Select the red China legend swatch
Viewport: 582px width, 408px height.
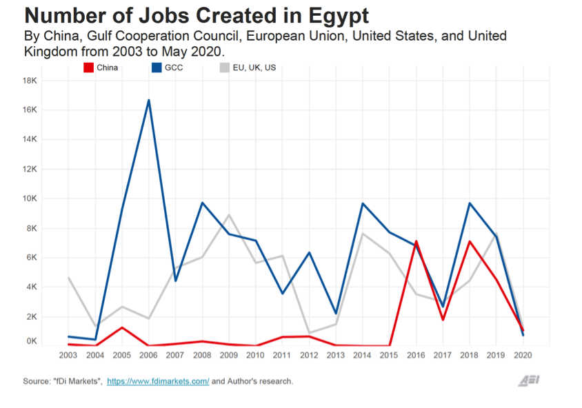click(x=88, y=68)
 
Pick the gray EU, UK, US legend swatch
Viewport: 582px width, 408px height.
click(x=225, y=68)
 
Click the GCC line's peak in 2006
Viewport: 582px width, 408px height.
click(x=148, y=101)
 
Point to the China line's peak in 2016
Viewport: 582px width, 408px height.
click(x=416, y=241)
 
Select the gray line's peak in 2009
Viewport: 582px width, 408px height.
click(x=229, y=215)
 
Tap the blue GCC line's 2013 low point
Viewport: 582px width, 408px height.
click(x=336, y=314)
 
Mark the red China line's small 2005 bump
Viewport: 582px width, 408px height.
click(x=122, y=327)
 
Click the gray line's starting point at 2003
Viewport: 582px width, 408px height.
click(x=68, y=278)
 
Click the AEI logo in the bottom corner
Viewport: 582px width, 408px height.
click(x=529, y=381)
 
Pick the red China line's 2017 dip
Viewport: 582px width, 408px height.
click(x=443, y=320)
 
